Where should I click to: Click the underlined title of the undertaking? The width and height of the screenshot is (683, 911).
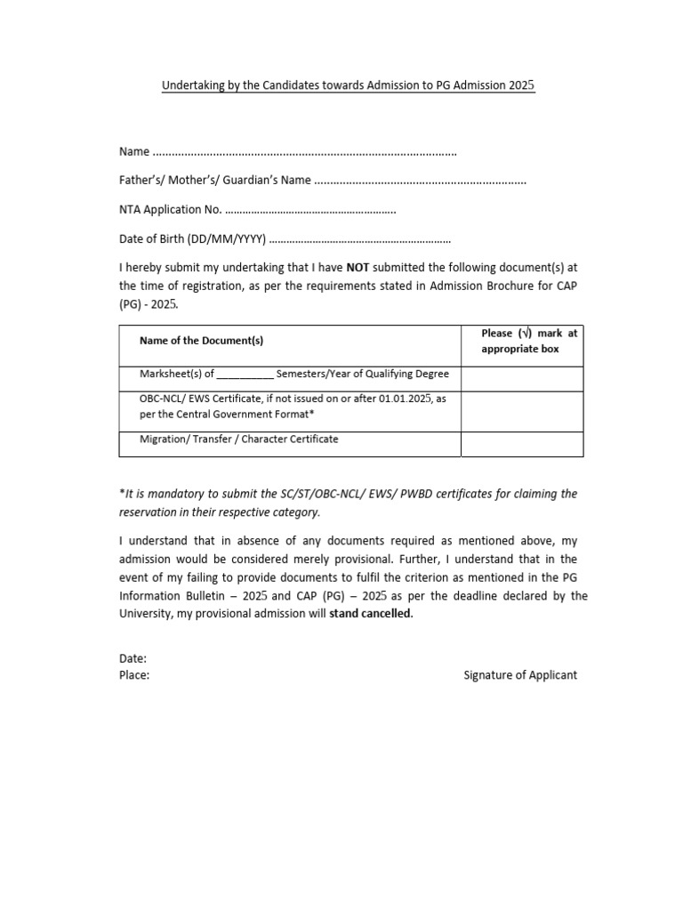click(x=348, y=86)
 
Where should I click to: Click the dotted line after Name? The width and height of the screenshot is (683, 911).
click(x=305, y=153)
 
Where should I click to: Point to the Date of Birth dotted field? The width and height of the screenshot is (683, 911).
click(x=359, y=239)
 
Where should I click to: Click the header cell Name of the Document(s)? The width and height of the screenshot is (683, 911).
click(x=201, y=341)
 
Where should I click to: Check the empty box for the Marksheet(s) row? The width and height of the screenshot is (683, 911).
click(x=522, y=379)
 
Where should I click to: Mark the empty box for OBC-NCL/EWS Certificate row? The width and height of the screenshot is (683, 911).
click(x=522, y=411)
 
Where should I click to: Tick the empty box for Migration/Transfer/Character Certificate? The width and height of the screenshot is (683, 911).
click(x=522, y=444)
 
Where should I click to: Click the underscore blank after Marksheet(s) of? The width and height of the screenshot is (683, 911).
click(x=245, y=375)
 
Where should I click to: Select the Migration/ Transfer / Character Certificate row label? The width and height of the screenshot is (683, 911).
click(x=239, y=439)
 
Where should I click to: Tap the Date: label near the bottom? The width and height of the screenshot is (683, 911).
click(x=133, y=659)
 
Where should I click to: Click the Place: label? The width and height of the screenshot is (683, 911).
click(x=134, y=675)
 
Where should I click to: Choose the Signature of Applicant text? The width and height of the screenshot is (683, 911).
click(x=519, y=675)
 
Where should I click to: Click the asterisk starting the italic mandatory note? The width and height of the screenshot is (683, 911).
click(x=121, y=493)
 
